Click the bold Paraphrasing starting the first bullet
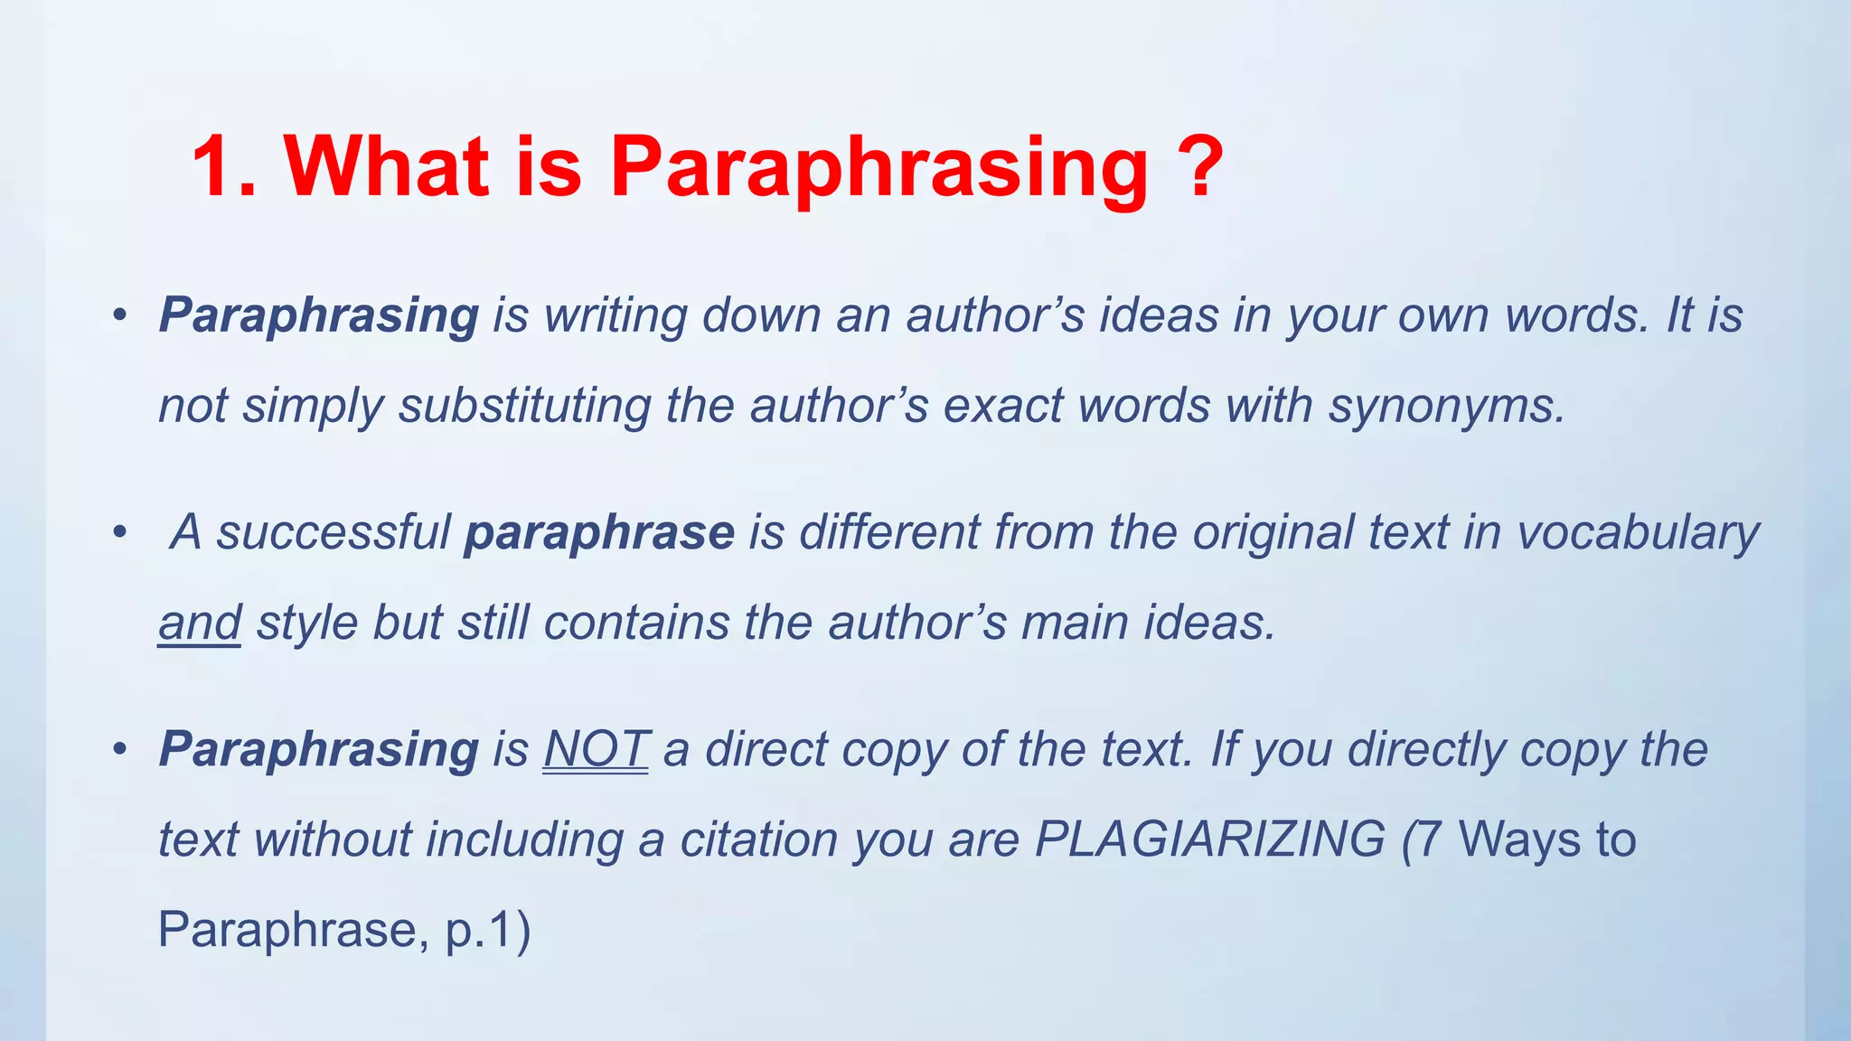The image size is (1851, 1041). coord(318,316)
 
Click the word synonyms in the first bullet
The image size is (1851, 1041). coord(1446,407)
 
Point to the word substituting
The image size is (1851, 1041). coord(524,407)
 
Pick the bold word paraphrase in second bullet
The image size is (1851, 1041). coord(598,533)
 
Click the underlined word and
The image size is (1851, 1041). coord(200,624)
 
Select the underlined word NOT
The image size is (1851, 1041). coord(596,750)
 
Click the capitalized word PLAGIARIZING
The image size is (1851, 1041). coord(1209,839)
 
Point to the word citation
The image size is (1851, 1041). coord(759,839)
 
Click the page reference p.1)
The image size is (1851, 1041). coord(488,930)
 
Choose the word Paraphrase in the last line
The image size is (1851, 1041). coord(287,930)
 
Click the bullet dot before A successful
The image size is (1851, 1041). coord(119,533)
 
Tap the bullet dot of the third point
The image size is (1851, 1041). coord(119,750)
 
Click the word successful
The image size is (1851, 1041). coord(334,533)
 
